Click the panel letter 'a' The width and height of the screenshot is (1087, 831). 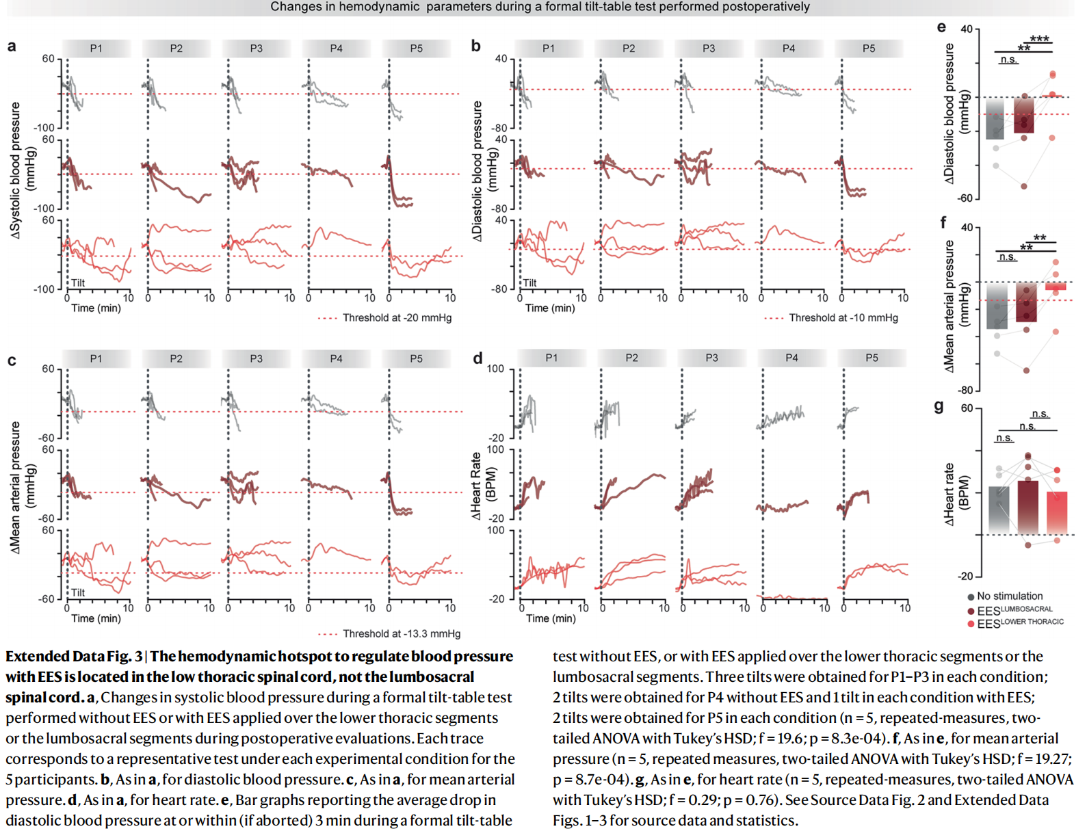12,47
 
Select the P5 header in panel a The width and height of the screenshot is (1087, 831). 416,49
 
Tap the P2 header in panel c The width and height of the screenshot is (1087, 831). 176,358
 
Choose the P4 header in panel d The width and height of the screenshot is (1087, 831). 791,358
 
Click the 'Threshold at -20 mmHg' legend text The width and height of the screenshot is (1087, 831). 397,318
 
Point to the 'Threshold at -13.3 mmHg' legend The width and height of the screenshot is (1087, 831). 401,634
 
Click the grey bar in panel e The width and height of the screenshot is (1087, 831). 995,120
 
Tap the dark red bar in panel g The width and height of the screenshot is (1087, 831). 1027,506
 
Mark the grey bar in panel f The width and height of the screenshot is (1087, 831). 997,306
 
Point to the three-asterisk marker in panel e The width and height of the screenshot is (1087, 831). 1039,39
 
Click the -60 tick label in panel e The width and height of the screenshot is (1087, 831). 965,198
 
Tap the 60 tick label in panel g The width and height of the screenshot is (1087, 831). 967,408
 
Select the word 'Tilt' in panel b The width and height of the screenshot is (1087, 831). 529,282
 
